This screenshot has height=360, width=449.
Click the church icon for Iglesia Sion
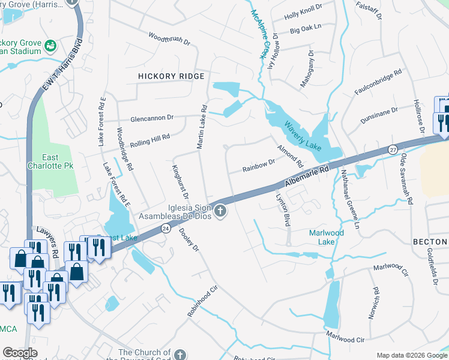tap(220, 210)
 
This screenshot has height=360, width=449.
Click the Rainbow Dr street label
tap(258, 165)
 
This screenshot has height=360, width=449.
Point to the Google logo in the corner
tap(20, 353)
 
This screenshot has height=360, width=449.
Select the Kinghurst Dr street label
tap(181, 182)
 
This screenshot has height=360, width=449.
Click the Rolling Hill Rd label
tap(150, 142)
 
